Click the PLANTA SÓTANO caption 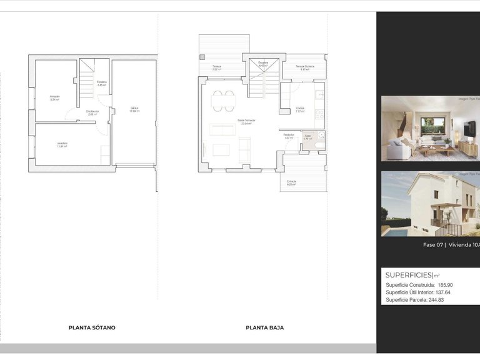coord(92,327)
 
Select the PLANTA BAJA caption coord(265,327)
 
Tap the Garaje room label coord(134,109)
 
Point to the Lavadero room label coord(62,144)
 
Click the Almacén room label coord(56,97)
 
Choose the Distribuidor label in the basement coord(92,112)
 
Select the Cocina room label coord(301,109)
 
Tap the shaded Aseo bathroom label coord(307,137)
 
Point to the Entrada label coord(291,182)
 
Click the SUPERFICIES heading coord(409,275)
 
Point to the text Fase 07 coord(433,246)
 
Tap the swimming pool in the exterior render coord(393,232)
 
